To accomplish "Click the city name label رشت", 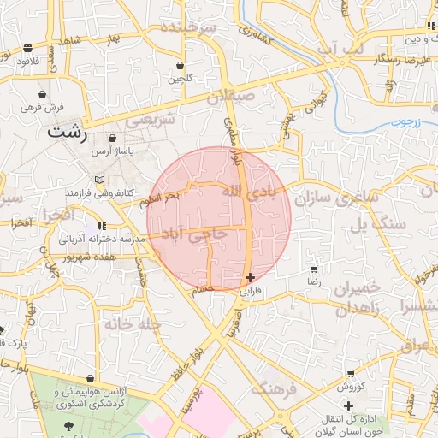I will click(68, 133).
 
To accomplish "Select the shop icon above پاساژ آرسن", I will click(114, 138).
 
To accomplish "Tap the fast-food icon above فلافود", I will click(28, 48).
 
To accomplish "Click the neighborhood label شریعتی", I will click(151, 120).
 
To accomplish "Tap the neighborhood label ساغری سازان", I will click(337, 199).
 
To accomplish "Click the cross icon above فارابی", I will click(249, 277).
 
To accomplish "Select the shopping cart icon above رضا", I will click(314, 269).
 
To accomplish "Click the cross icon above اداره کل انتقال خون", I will click(348, 405).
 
